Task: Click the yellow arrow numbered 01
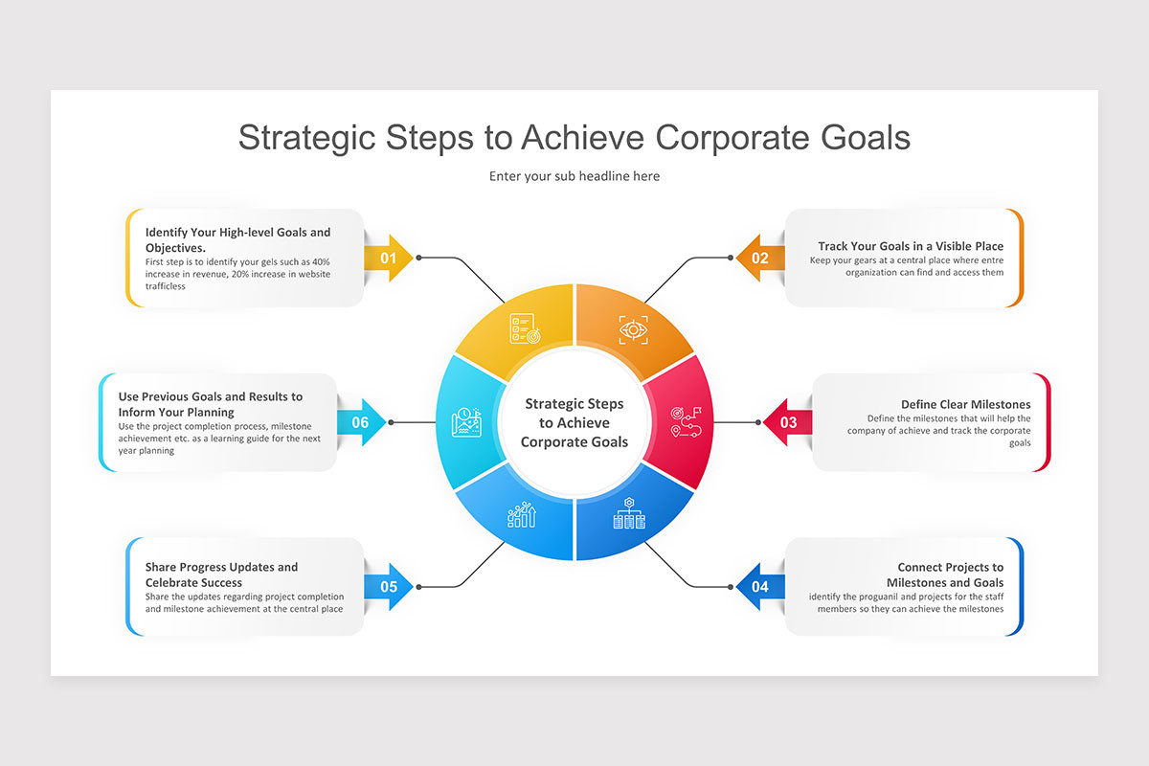[x=389, y=258]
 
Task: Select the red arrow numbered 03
[x=787, y=422]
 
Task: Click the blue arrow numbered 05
[x=389, y=586]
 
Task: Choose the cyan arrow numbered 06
[x=361, y=422]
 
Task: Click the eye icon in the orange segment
[x=633, y=329]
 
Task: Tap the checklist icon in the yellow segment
[x=524, y=330]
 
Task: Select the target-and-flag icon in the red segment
[x=686, y=422]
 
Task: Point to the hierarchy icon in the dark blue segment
[x=629, y=515]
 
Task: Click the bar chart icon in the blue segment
[x=522, y=515]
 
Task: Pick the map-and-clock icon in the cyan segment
[x=465, y=422]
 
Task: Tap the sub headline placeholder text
[x=574, y=176]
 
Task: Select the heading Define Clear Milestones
[x=965, y=404]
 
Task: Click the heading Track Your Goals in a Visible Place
[x=911, y=246]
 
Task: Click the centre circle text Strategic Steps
[x=574, y=403]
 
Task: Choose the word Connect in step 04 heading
[x=920, y=567]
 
